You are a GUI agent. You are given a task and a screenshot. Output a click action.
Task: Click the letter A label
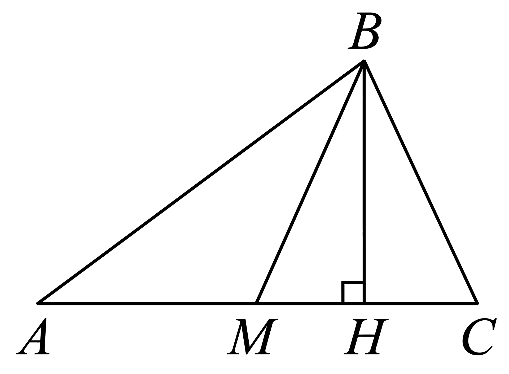click(33, 337)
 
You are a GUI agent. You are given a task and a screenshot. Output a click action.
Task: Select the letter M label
click(252, 337)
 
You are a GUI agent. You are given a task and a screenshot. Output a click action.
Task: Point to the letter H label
click(366, 337)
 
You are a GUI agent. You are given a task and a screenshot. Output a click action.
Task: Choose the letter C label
click(479, 337)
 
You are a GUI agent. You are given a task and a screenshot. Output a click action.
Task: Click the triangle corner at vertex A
click(38, 303)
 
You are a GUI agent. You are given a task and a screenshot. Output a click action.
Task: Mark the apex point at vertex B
click(364, 61)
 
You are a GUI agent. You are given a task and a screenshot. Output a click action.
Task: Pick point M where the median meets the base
click(256, 303)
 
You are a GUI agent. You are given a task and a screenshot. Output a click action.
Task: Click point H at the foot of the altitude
click(364, 303)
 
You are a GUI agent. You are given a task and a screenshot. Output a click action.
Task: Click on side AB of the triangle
click(201, 182)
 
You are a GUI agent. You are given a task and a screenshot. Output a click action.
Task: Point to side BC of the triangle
click(421, 182)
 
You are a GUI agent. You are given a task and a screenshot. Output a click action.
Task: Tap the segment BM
click(310, 182)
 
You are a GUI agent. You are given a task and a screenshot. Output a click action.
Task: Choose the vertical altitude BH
click(364, 182)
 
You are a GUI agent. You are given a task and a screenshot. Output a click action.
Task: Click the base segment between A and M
click(147, 303)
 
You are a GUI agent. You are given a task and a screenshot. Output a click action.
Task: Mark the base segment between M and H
click(310, 303)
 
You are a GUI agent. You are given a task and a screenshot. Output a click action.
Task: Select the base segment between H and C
click(421, 303)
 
